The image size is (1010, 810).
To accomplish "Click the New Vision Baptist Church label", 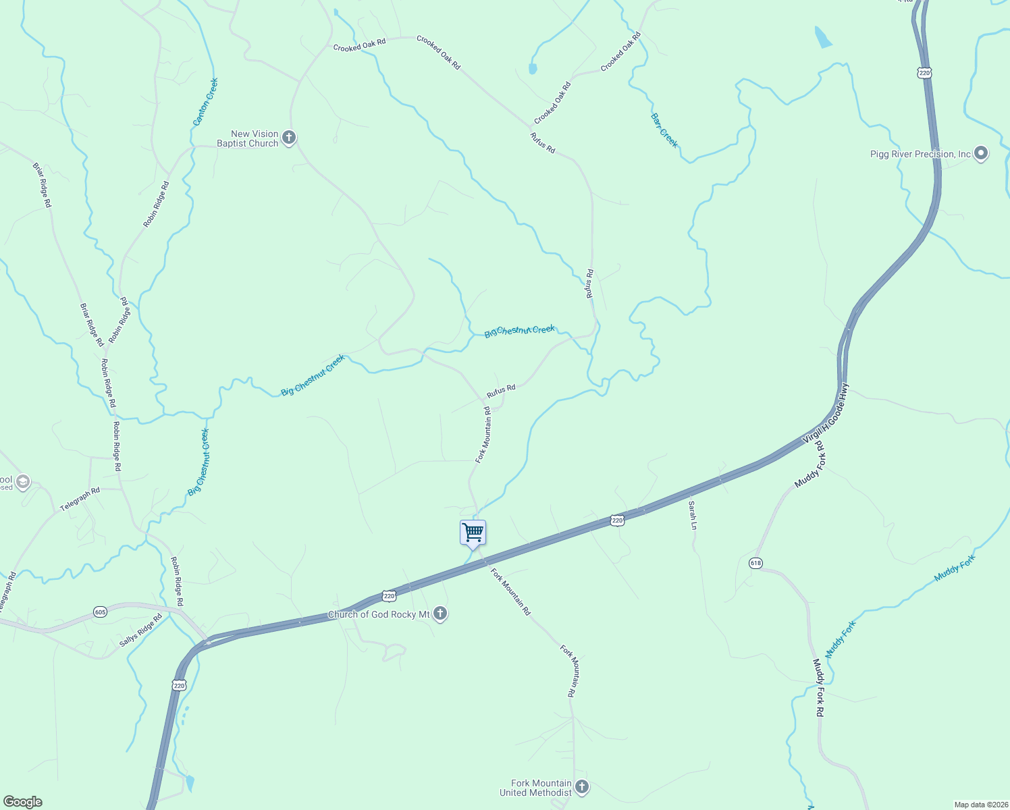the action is click(248, 139).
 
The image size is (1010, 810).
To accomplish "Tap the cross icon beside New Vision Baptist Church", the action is click(289, 138).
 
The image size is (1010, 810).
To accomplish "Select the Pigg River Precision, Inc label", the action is click(920, 155).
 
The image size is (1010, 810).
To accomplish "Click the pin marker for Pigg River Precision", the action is click(982, 154).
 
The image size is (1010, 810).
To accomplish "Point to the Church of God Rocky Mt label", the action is click(379, 614).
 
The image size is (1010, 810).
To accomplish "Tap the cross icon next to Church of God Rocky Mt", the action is click(440, 614).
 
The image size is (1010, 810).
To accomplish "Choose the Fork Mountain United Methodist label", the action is click(535, 788).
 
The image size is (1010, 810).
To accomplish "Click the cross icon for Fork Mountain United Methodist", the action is click(582, 787).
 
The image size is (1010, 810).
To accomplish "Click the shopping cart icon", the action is click(473, 533).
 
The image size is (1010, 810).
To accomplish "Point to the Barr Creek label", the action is click(664, 130).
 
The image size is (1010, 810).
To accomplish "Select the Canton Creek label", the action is click(205, 102).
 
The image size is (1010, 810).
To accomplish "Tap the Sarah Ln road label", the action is click(693, 514).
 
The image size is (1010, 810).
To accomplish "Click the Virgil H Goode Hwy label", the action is click(826, 414).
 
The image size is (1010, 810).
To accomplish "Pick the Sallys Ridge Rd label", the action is click(141, 630).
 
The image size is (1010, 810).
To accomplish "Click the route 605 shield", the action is click(100, 612).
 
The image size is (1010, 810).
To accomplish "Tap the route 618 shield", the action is click(755, 563).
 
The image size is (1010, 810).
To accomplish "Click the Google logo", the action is click(23, 802).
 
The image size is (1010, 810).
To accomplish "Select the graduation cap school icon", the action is click(23, 482).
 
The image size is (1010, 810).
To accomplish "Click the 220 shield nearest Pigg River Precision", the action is click(924, 72).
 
